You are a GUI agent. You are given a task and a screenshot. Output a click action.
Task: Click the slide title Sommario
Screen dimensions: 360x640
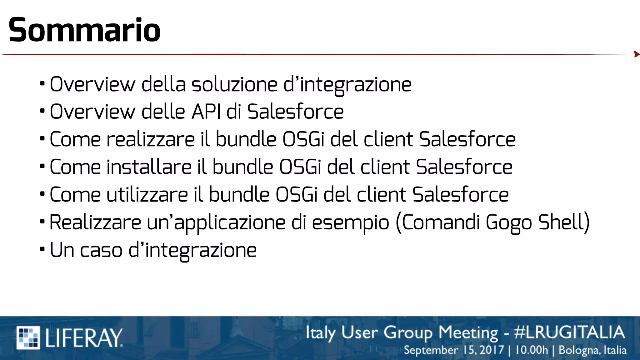pyautogui.click(x=84, y=30)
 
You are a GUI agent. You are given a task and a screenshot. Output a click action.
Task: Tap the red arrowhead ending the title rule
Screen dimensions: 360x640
pyautogui.click(x=637, y=54)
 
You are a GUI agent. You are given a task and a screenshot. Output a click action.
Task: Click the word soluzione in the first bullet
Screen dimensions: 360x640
pyautogui.click(x=234, y=85)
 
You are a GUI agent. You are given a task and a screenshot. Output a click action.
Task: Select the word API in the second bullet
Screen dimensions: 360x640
pyautogui.click(x=206, y=112)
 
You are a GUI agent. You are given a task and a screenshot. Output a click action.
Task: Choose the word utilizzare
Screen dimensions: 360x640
pyautogui.click(x=147, y=195)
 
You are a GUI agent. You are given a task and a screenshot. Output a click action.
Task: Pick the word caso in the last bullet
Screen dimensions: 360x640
pyautogui.click(x=101, y=250)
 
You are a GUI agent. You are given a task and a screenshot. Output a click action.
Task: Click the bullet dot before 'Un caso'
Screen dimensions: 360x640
pyautogui.click(x=42, y=249)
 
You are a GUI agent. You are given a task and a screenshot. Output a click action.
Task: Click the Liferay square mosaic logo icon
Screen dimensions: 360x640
pyautogui.click(x=28, y=337)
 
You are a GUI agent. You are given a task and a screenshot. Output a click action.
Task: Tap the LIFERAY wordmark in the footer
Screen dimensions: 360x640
pyautogui.click(x=84, y=338)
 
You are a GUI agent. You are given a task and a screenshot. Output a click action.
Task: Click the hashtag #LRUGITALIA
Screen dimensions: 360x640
pyautogui.click(x=569, y=332)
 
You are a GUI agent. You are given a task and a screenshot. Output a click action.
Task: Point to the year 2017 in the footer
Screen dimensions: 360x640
pyautogui.click(x=492, y=350)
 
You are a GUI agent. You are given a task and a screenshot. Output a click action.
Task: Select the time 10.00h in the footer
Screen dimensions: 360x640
pyautogui.click(x=531, y=350)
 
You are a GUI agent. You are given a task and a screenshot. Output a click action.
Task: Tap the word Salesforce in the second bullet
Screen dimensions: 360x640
pyautogui.click(x=295, y=112)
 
